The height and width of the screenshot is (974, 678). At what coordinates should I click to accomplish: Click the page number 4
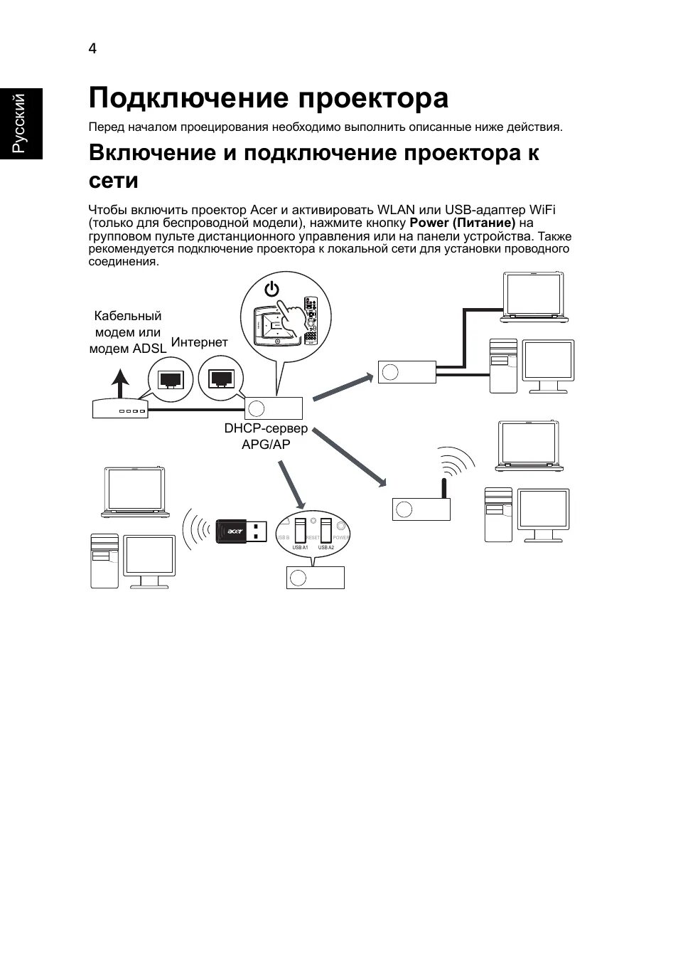click(x=92, y=48)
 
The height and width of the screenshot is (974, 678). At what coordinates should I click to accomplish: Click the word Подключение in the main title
click(x=188, y=98)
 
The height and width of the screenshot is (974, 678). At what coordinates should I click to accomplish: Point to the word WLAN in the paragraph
click(x=396, y=210)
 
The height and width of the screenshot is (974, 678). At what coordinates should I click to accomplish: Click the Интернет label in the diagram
click(x=200, y=342)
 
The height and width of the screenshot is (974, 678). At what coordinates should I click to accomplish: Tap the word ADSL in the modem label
click(x=149, y=349)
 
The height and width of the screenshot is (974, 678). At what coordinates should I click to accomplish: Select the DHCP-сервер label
click(x=266, y=428)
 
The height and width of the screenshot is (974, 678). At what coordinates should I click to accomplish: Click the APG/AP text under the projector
click(x=266, y=444)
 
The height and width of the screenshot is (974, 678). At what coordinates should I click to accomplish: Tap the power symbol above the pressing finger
click(x=272, y=290)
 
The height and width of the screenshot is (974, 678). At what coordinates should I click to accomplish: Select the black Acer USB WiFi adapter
click(x=242, y=530)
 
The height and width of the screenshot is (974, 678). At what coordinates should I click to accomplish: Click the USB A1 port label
click(x=300, y=547)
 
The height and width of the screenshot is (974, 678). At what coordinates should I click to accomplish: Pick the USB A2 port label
click(x=326, y=547)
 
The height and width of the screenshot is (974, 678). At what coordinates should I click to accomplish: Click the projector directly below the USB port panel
click(x=315, y=577)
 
